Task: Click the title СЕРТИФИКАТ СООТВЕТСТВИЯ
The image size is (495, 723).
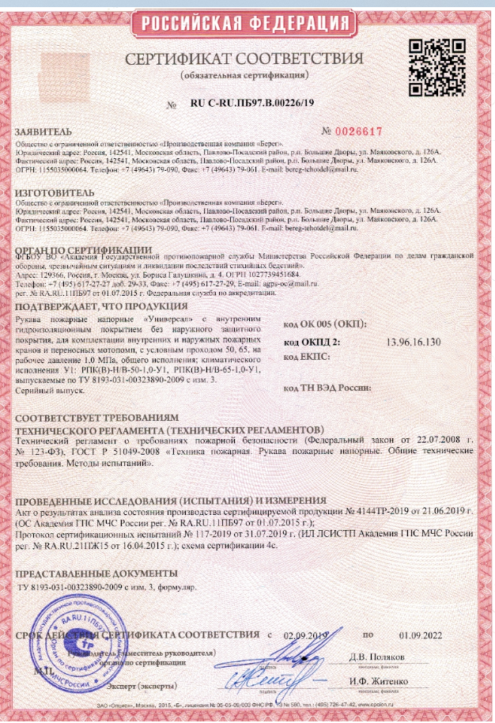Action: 247,60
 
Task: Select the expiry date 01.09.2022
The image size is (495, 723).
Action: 418,635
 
